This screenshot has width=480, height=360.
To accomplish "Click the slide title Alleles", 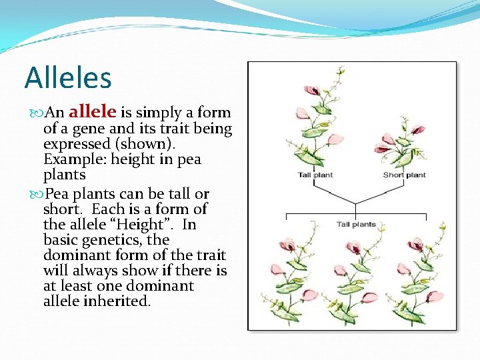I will [67, 78].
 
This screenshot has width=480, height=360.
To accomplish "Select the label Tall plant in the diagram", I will [315, 175].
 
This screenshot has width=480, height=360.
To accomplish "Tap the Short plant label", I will [404, 175].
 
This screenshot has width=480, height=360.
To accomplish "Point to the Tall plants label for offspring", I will [356, 225].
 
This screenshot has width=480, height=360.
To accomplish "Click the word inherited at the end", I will [117, 301].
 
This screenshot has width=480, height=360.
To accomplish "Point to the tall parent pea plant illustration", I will [317, 120].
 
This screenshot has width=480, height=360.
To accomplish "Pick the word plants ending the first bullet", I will [65, 175].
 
